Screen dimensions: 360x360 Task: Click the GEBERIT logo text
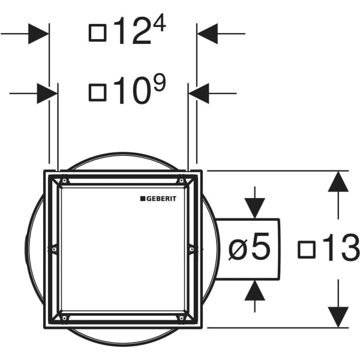[161, 199]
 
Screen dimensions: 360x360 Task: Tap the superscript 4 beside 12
[160, 23]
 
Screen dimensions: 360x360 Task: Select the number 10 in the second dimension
[131, 91]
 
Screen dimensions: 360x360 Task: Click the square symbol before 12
[98, 33]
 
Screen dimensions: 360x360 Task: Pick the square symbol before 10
[98, 92]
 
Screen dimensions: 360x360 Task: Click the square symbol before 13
[307, 250]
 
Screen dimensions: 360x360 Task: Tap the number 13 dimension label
[341, 247]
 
